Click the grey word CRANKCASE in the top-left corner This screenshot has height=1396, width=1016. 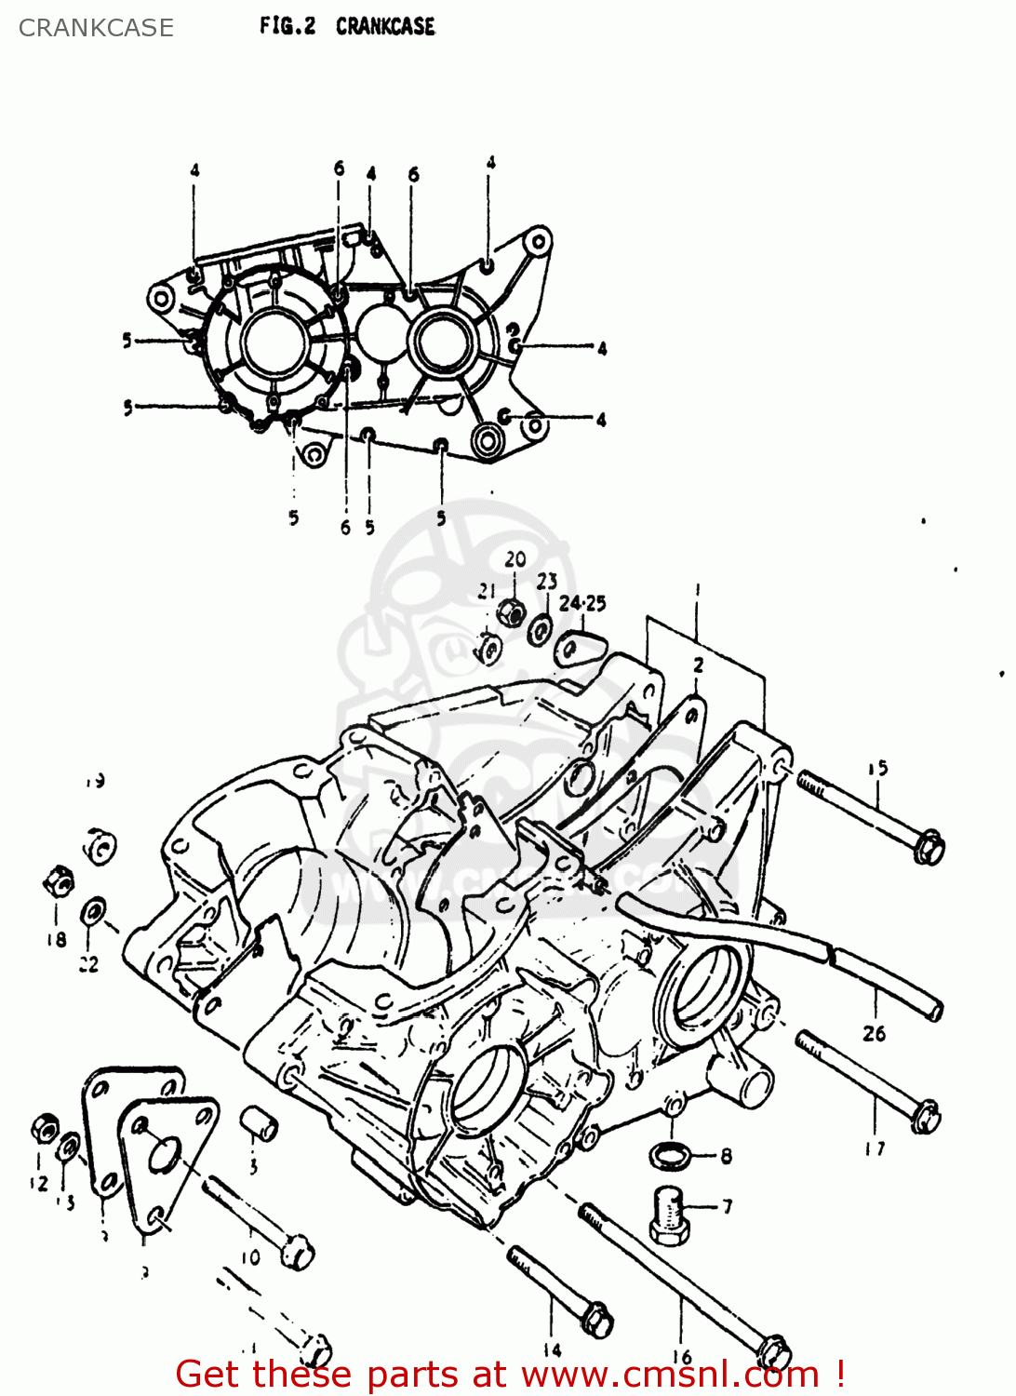pyautogui.click(x=96, y=28)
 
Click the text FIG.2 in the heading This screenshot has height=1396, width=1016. pyautogui.click(x=287, y=26)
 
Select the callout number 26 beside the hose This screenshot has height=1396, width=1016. pyautogui.click(x=874, y=1033)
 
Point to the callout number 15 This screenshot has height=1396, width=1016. pyautogui.click(x=877, y=768)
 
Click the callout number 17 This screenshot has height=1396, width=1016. pyautogui.click(x=875, y=1148)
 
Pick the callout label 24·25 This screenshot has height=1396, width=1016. pyautogui.click(x=582, y=603)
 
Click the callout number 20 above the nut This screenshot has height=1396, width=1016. pyautogui.click(x=515, y=559)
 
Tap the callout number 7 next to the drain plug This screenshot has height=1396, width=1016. pyautogui.click(x=727, y=1206)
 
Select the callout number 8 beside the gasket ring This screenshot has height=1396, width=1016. pyautogui.click(x=726, y=1156)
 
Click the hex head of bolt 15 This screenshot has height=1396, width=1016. pyautogui.click(x=929, y=848)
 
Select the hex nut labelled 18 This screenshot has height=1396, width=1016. pyautogui.click(x=58, y=879)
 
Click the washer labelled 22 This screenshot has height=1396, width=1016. pyautogui.click(x=93, y=911)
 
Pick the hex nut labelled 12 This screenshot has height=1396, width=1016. pyautogui.click(x=45, y=1128)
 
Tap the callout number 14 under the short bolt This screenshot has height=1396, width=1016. pyautogui.click(x=552, y=1349)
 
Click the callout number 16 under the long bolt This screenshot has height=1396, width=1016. pyautogui.click(x=682, y=1358)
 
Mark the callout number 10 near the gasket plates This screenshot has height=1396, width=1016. pyautogui.click(x=250, y=1257)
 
